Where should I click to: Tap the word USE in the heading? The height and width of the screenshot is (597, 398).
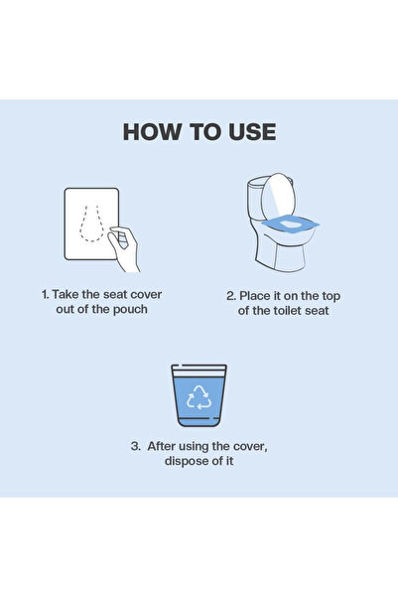click(x=252, y=132)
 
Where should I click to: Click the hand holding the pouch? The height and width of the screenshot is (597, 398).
click(x=124, y=245)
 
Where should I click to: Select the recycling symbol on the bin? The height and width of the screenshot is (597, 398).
click(x=199, y=398)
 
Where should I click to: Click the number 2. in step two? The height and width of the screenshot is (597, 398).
click(x=231, y=295)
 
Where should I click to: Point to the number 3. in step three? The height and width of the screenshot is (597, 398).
click(x=136, y=446)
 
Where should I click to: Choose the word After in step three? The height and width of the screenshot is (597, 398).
click(x=164, y=446)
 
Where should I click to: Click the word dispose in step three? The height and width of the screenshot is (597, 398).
click(x=188, y=461)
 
